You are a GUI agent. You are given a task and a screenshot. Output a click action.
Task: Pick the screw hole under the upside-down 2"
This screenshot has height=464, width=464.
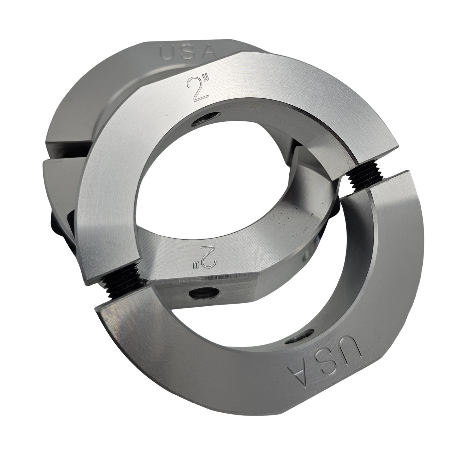click(203, 294)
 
